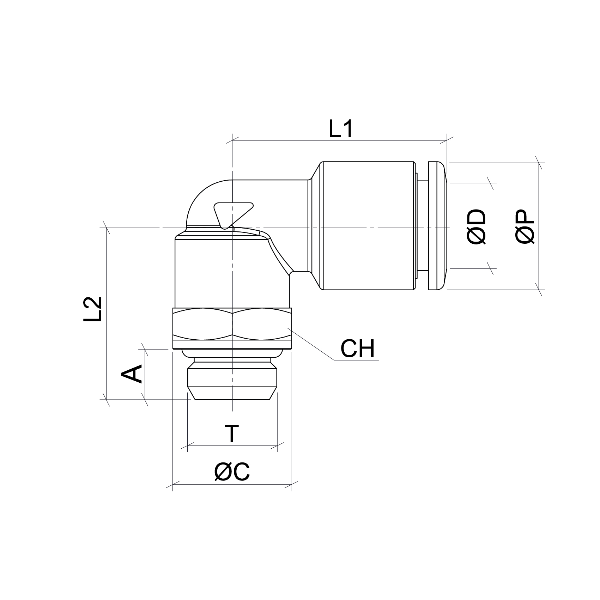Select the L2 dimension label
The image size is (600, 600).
[93, 309]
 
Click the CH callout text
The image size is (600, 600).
[357, 349]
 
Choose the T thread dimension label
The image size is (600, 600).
[232, 434]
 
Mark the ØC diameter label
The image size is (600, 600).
[232, 472]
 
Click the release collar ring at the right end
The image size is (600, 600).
[437, 226]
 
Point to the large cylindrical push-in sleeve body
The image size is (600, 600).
[367, 226]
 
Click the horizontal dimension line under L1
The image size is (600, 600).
[339, 140]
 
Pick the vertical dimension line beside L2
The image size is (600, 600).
[106, 314]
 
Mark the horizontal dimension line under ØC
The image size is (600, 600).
[232, 484]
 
